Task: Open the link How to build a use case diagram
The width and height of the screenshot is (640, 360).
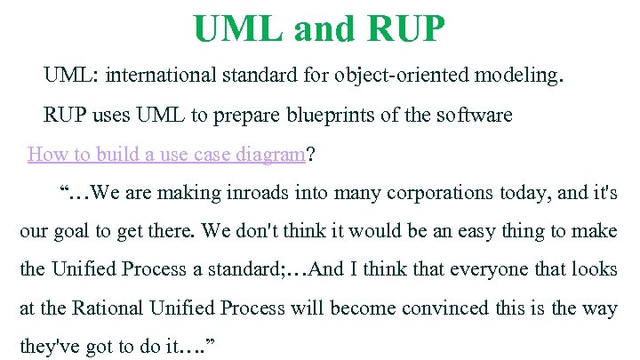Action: pyautogui.click(x=166, y=154)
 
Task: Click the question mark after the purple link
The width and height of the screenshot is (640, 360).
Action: pyautogui.click(x=310, y=154)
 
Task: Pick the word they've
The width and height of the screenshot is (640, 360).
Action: pyautogui.click(x=48, y=347)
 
